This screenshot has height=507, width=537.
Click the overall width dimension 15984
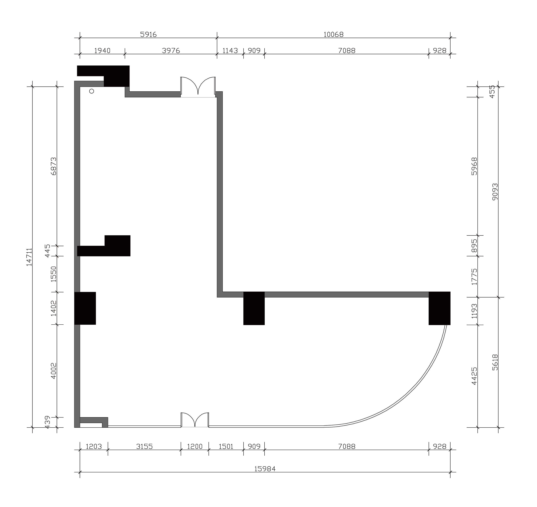coord(265,469)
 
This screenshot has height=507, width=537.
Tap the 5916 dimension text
coord(148,34)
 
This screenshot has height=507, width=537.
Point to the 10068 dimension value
coord(334,34)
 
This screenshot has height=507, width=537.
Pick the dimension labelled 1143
coord(230,50)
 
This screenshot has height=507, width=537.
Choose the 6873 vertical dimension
coord(53,166)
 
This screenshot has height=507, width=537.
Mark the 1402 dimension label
coord(53,308)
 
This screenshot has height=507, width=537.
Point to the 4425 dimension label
coord(474,376)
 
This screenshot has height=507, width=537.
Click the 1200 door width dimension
coord(195,447)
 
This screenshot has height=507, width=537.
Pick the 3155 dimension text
coord(144,447)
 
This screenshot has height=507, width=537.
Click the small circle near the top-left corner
coord(92,91)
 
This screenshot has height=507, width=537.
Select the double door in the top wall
coord(198,87)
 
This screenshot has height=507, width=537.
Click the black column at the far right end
coord(439,308)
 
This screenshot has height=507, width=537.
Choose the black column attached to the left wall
coord(85,308)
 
